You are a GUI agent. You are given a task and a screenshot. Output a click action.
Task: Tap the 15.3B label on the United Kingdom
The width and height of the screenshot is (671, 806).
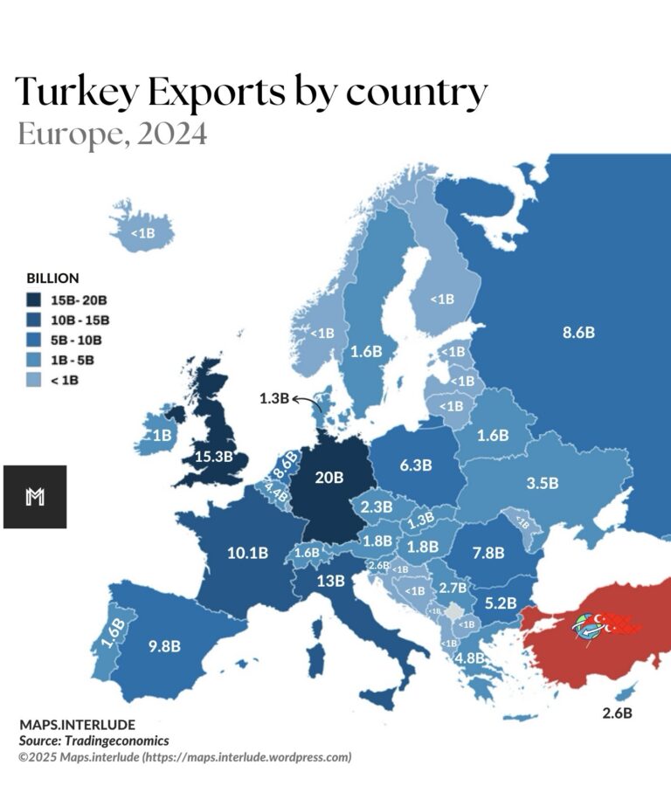pyautogui.click(x=214, y=456)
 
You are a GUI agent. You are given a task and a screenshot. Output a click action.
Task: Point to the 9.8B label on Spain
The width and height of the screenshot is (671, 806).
pyautogui.click(x=164, y=646)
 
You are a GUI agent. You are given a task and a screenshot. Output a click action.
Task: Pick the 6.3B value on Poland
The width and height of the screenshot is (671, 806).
pyautogui.click(x=415, y=465)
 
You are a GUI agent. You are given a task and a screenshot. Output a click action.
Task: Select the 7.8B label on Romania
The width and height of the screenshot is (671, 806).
pyautogui.click(x=488, y=552)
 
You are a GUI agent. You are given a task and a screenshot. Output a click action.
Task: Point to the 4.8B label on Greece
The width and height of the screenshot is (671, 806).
pyautogui.click(x=470, y=658)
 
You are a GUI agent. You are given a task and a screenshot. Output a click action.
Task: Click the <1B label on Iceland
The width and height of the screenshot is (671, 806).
pyautogui.click(x=142, y=233)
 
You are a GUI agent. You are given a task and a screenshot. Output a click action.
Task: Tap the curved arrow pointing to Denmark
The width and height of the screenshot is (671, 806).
pyautogui.click(x=307, y=401)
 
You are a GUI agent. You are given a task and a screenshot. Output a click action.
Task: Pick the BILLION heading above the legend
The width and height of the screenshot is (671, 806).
pyautogui.click(x=53, y=279)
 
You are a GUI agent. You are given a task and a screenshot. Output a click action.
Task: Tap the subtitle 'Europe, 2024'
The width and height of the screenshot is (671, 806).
pyautogui.click(x=112, y=135)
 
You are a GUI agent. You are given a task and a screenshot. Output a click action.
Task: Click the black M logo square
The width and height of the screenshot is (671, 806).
pyautogui.click(x=35, y=497)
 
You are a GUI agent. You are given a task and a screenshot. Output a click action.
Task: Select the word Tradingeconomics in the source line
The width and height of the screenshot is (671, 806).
pyautogui.click(x=121, y=741)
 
